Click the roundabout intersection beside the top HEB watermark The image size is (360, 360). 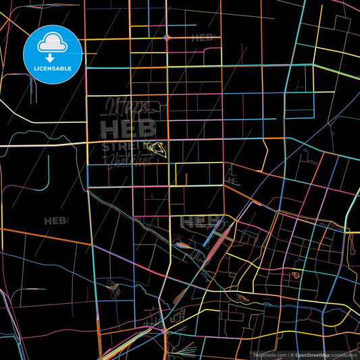click(167, 38)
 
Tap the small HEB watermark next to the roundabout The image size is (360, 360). click(203, 38)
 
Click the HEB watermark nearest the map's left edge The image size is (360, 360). click(55, 220)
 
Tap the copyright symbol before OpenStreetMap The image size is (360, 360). click(291, 354)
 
